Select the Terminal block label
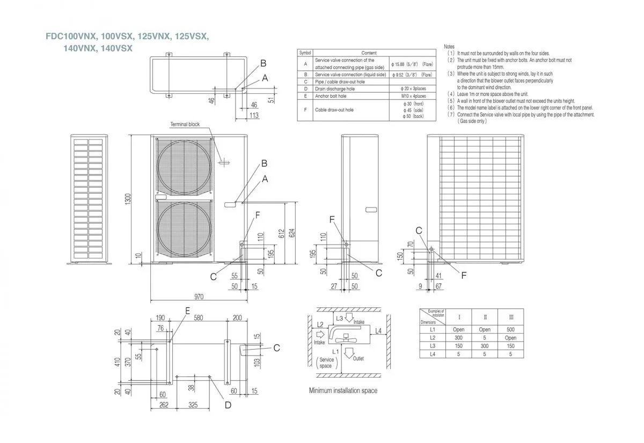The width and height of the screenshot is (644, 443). click(185, 124)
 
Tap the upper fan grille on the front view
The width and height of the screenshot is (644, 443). click(184, 167)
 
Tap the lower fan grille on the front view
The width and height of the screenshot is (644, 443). click(184, 229)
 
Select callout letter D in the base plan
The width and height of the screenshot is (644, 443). click(228, 405)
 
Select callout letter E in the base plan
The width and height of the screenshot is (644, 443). click(187, 310)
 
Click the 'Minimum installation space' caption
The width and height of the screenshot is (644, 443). click(343, 390)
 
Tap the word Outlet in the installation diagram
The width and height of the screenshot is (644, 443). click(358, 358)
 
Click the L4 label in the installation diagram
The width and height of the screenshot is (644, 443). click(378, 331)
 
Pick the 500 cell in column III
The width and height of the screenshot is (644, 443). click(510, 330)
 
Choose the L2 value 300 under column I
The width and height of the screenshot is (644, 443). click(458, 338)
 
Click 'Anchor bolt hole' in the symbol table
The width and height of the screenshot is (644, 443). click(331, 96)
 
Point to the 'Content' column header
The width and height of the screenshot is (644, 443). click(369, 53)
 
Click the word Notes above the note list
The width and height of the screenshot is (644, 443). click(449, 47)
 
